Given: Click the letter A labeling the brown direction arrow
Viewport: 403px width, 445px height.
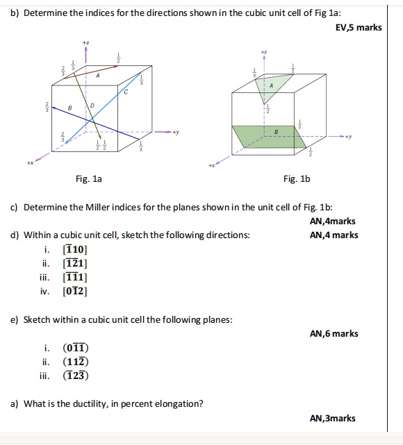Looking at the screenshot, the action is tap(98, 76).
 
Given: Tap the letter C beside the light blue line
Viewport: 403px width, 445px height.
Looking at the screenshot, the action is tap(126, 92).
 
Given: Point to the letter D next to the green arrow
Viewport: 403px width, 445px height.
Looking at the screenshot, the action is tap(92, 105).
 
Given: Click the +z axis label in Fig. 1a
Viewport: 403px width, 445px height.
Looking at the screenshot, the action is tap(85, 43).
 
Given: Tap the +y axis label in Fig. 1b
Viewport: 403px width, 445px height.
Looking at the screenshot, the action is tap(348, 136).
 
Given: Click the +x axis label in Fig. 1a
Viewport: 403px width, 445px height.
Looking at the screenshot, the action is tap(30, 165).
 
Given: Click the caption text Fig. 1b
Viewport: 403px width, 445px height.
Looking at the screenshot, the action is tap(297, 179).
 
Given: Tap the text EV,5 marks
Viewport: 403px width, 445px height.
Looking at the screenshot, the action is tap(359, 28).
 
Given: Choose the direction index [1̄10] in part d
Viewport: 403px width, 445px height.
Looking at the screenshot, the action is tap(74, 249).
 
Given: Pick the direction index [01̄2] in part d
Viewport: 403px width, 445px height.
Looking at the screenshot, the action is tap(74, 292).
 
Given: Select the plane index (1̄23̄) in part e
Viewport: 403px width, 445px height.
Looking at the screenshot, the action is tap(76, 376).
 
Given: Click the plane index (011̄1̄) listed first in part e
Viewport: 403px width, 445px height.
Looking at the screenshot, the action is tap(75, 348).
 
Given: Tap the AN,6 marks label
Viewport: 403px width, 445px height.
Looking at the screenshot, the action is tap(334, 334).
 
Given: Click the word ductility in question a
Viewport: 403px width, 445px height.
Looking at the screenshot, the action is tap(86, 403).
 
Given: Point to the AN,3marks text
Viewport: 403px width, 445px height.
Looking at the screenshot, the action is tap(332, 418).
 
